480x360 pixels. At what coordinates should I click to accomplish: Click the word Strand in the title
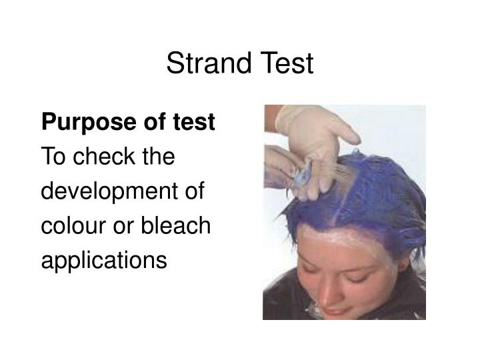pyautogui.click(x=203, y=64)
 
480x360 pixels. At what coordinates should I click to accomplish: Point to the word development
pyautogui.click(x=105, y=193)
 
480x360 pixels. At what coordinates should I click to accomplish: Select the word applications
pyautogui.click(x=104, y=261)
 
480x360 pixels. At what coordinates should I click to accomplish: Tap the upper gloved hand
pyautogui.click(x=313, y=130)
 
